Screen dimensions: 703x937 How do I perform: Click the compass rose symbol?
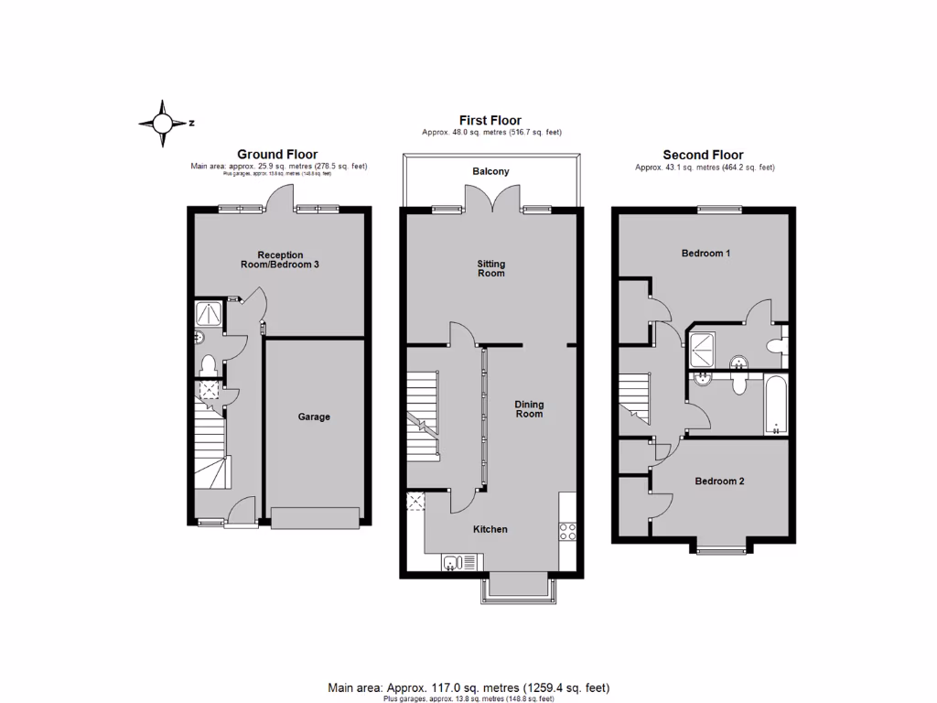coord(162,123)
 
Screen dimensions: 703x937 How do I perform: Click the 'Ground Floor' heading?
coord(277,155)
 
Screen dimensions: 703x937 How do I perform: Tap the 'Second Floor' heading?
coord(703,155)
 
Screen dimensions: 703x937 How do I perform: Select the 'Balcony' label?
coord(490,171)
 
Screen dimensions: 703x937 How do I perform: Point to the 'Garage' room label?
coord(314,416)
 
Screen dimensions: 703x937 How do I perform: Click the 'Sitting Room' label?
coord(491,268)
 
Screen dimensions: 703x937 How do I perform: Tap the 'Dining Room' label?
coord(529,408)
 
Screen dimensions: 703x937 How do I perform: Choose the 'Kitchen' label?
coord(490,529)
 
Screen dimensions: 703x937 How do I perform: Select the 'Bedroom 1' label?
coord(705,253)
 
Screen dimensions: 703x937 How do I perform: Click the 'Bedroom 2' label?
coord(718,481)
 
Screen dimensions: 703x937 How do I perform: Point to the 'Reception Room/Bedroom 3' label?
coord(281,260)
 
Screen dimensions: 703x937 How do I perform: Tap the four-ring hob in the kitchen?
coord(566,532)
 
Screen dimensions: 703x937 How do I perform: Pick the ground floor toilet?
coord(208,365)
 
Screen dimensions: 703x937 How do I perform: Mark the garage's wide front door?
coord(315,520)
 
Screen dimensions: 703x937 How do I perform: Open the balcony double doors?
coord(491,199)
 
